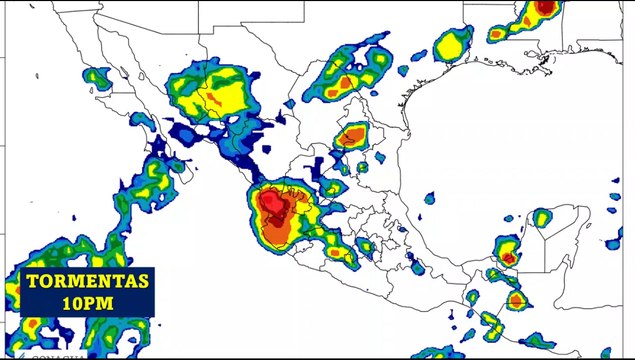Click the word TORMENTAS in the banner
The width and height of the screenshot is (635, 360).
pos(88,281)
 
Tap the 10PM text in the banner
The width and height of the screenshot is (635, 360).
pos(88,301)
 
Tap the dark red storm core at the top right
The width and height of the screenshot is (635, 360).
pos(544,8)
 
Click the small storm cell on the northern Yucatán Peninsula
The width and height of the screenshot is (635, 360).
pos(541,217)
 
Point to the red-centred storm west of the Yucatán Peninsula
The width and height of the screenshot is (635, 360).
pos(508,254)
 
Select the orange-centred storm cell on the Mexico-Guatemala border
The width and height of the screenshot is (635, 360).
pos(515,300)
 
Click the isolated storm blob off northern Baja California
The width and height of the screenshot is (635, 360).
pos(97,76)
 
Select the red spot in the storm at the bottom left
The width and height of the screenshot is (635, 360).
pos(32,326)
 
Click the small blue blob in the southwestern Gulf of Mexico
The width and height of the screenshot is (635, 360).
pos(429,198)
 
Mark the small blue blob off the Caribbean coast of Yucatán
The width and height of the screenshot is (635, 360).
pos(612,242)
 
